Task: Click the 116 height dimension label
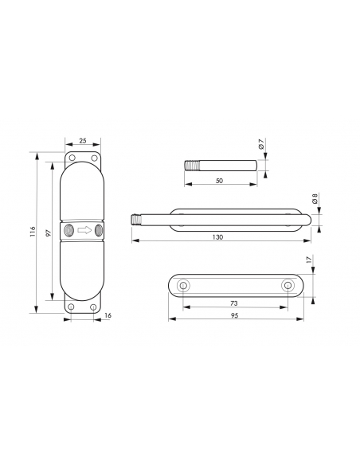pyautogui.click(x=33, y=232)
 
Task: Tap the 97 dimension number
pyautogui.click(x=49, y=232)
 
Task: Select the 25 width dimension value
pyautogui.click(x=83, y=141)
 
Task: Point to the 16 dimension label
pyautogui.click(x=108, y=315)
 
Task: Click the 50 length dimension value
pyautogui.click(x=219, y=181)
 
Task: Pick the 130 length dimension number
pyautogui.click(x=217, y=237)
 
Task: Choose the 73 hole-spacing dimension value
pyautogui.click(x=234, y=303)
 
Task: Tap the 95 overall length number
pyautogui.click(x=235, y=315)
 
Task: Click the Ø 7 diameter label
pyautogui.click(x=261, y=143)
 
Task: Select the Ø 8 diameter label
pyautogui.click(x=315, y=198)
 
